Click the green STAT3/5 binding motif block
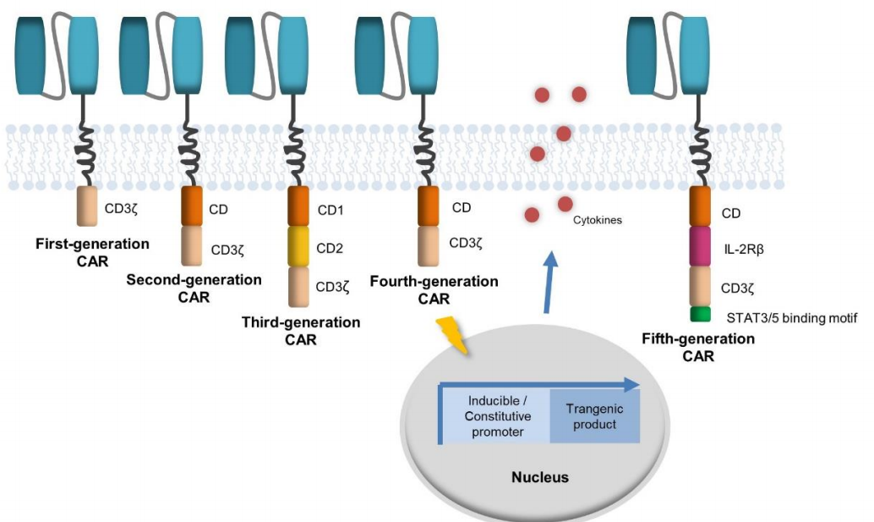(x=700, y=315)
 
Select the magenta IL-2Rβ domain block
(x=700, y=245)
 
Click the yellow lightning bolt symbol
(x=451, y=337)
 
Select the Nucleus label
(x=540, y=477)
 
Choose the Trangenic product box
(x=595, y=415)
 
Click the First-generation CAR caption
(x=92, y=252)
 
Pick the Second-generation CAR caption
(x=194, y=288)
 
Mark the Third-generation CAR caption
(x=301, y=331)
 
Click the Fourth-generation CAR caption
(x=434, y=289)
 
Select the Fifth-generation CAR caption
(x=698, y=347)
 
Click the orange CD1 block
(x=300, y=206)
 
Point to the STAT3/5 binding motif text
(x=791, y=317)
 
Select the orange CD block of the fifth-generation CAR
(x=700, y=206)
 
